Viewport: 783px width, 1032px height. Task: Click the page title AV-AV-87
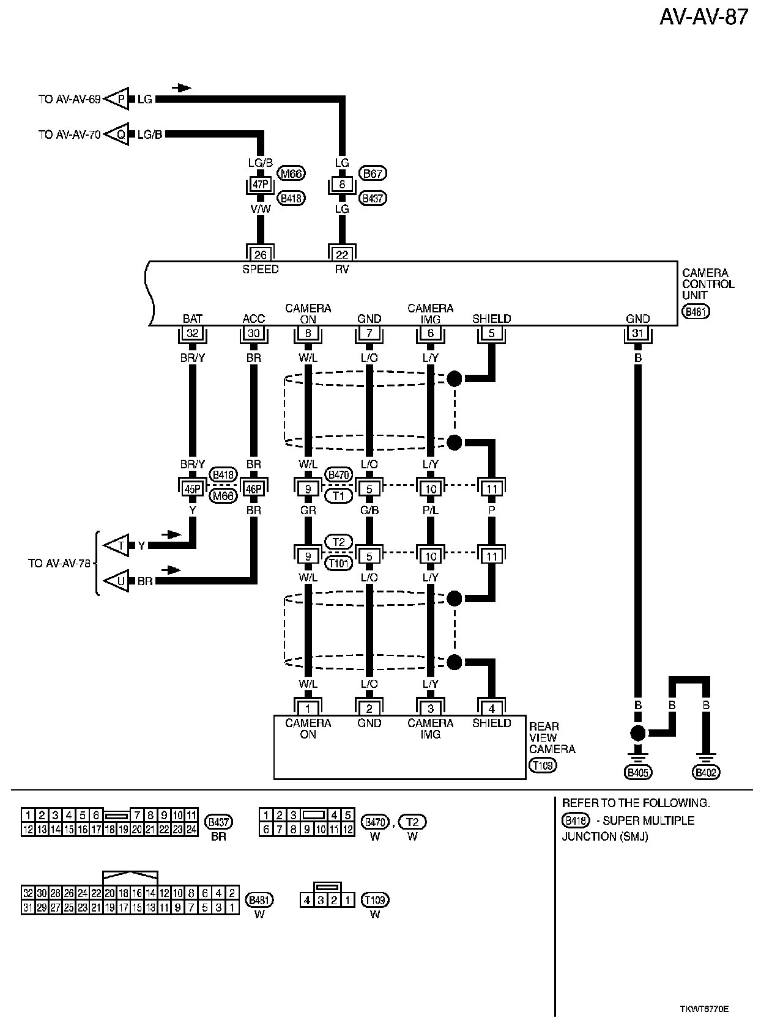click(x=703, y=17)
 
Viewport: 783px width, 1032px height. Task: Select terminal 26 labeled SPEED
click(x=261, y=254)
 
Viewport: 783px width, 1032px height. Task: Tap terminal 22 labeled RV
click(x=342, y=254)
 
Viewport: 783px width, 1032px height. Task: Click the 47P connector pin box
click(x=261, y=184)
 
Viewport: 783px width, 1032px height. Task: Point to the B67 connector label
click(x=373, y=174)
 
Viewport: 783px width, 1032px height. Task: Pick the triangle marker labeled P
click(x=119, y=99)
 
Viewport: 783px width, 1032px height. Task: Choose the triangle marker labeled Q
click(x=119, y=135)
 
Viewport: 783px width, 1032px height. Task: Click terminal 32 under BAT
click(x=193, y=334)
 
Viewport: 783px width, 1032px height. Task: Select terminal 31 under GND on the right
click(x=638, y=334)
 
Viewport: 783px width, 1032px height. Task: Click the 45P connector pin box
click(x=193, y=488)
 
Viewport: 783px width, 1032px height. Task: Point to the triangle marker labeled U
click(x=119, y=581)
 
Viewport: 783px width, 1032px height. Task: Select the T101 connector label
click(x=338, y=563)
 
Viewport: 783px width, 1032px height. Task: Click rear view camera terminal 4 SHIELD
click(x=492, y=709)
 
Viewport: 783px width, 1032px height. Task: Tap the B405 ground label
click(x=638, y=773)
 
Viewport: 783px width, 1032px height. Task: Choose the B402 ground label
click(x=707, y=773)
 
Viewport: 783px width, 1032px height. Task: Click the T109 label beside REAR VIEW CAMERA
click(x=543, y=765)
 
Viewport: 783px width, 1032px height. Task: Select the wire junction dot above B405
click(x=638, y=733)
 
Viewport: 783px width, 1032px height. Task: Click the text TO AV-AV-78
click(x=59, y=563)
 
